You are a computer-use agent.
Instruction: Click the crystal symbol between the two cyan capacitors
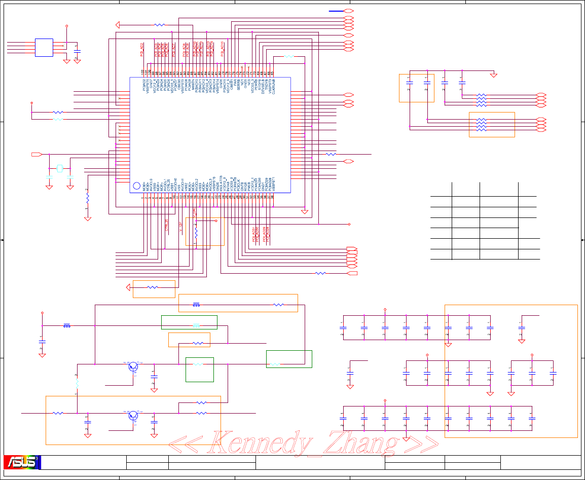pyautogui.click(x=60, y=168)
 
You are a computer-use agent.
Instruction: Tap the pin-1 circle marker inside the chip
pyautogui.click(x=136, y=186)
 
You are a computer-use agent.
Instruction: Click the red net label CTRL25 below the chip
pyautogui.click(x=167, y=224)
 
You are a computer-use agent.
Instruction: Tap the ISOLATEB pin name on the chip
pyautogui.click(x=221, y=183)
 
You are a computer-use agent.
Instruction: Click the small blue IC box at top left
pyautogui.click(x=44, y=47)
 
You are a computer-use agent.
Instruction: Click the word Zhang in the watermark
pyautogui.click(x=362, y=444)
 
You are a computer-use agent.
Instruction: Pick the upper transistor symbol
pyautogui.click(x=133, y=366)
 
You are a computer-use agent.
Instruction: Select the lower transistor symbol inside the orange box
pyautogui.click(x=133, y=415)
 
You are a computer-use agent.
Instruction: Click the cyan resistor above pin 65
pyautogui.click(x=288, y=57)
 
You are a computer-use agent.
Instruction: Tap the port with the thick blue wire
pyautogui.click(x=348, y=11)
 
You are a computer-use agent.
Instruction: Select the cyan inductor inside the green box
pyautogui.click(x=197, y=325)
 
